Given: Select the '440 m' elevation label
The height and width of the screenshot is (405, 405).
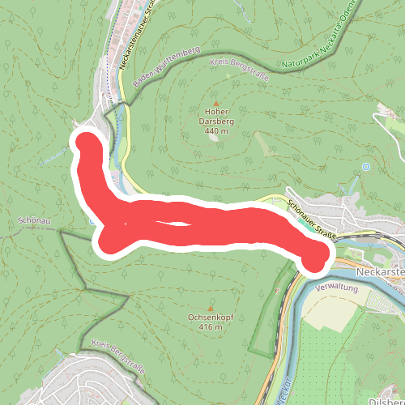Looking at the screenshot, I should [215, 131].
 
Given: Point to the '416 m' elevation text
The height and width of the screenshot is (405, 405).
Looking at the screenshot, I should [211, 327].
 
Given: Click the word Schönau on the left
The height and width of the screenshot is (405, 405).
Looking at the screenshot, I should [34, 220].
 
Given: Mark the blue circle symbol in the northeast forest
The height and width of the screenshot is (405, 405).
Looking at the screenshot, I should [366, 167].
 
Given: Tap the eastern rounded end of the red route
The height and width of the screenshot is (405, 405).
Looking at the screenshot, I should [314, 257].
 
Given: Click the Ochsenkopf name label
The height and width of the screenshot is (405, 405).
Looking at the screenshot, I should [211, 317].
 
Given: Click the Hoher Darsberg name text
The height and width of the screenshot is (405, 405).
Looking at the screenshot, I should [215, 117].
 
